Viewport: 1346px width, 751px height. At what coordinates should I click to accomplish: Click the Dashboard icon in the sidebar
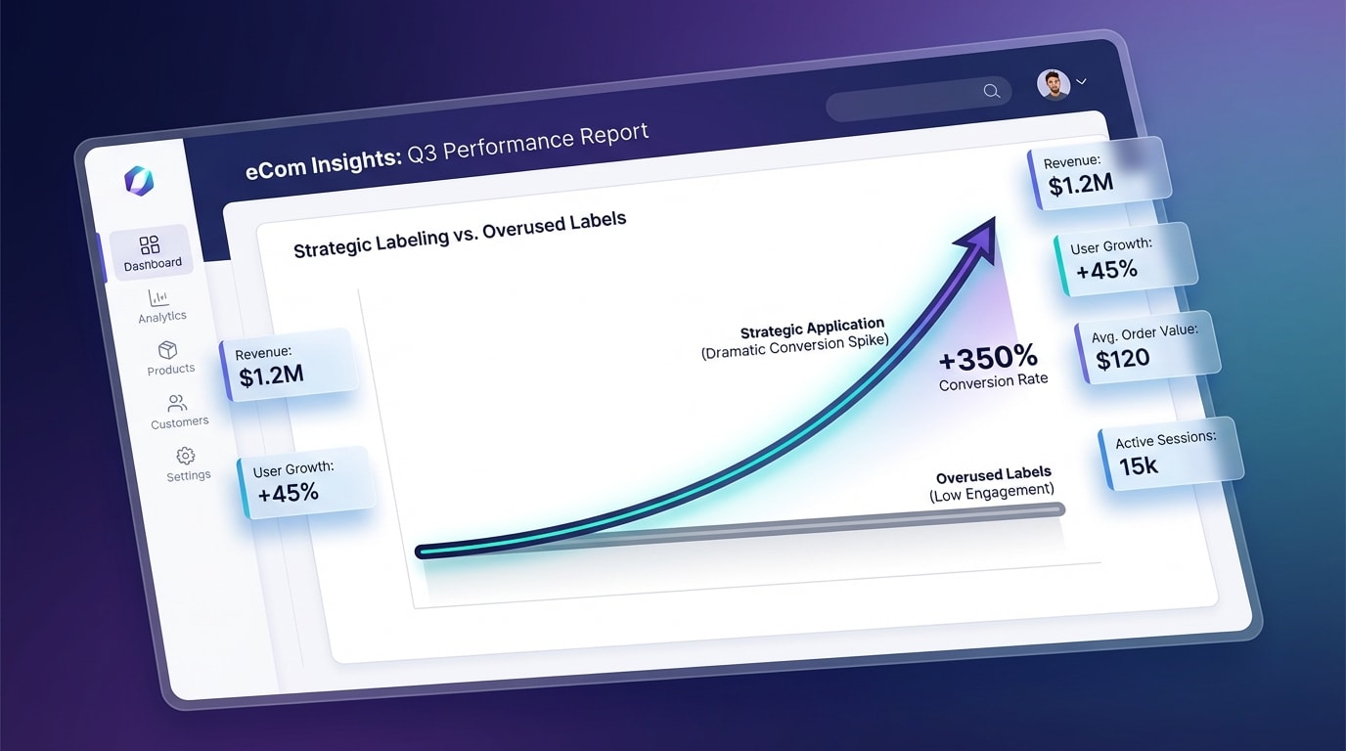coord(149,244)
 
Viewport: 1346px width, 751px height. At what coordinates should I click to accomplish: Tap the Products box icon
coord(167,350)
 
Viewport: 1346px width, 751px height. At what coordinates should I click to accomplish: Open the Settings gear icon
coord(186,456)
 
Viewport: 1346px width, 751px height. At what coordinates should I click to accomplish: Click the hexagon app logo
coord(139,181)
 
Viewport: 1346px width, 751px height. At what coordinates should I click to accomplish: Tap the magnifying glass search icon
coord(992,91)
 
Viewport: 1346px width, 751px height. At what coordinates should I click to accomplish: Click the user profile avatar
coord(1054,85)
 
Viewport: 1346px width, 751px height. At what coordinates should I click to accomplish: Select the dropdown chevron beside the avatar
coord(1081,81)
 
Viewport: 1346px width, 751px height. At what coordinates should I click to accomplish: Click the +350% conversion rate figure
coord(988,358)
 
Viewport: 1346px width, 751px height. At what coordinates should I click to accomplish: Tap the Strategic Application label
coord(813,329)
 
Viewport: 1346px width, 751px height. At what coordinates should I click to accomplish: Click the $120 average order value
coord(1122,359)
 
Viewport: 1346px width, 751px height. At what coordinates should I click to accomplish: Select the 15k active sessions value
coord(1138,465)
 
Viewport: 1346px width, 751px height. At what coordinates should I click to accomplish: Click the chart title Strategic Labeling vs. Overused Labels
coord(460,235)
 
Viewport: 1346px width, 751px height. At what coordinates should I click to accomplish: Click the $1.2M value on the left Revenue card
coord(272,375)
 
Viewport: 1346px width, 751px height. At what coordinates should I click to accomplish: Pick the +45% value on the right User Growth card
coord(1107,270)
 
